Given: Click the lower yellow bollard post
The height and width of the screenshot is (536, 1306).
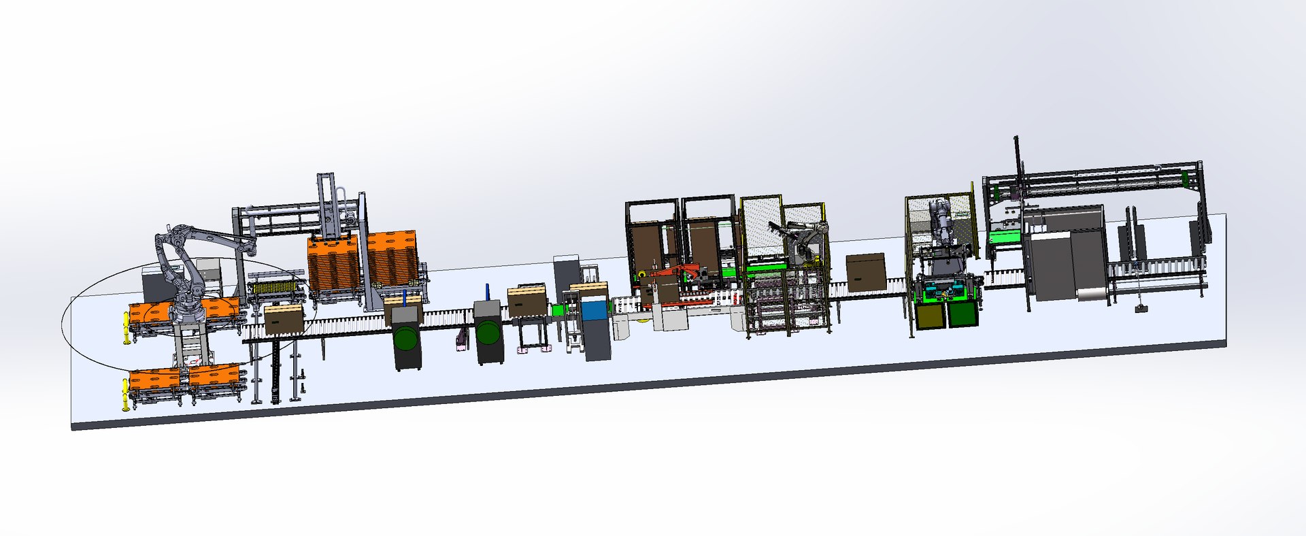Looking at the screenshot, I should tap(125, 395).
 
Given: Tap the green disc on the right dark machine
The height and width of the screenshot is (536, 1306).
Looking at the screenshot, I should tap(488, 333).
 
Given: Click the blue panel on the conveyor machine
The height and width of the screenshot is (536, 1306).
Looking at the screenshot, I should tap(592, 311).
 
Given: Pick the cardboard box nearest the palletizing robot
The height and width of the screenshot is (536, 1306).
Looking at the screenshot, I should tap(284, 318).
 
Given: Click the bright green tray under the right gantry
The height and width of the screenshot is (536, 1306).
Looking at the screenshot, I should tap(1005, 237).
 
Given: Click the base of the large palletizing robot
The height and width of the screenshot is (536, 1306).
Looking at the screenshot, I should tap(188, 314).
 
